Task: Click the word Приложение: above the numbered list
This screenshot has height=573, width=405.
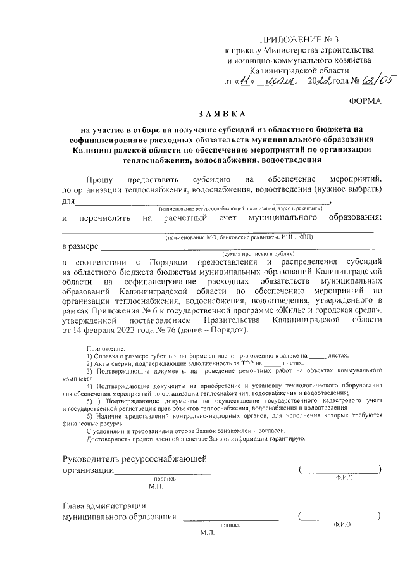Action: click(x=105, y=349)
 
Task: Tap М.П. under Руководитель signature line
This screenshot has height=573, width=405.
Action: click(x=156, y=487)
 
